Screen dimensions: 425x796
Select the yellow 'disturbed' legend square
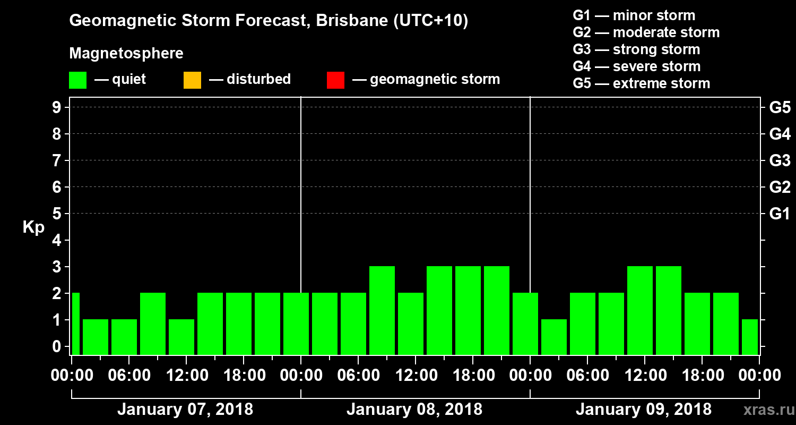(x=192, y=80)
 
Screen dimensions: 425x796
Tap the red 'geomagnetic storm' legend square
(x=335, y=80)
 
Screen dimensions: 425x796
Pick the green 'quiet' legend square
(x=78, y=80)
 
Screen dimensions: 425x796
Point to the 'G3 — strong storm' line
(x=636, y=49)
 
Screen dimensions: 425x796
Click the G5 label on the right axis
(x=780, y=108)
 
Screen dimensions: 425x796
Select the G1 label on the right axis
(x=780, y=214)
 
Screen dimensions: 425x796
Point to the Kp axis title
(x=33, y=227)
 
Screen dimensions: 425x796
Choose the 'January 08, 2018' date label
(x=414, y=410)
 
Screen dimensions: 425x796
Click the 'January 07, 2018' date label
(x=185, y=410)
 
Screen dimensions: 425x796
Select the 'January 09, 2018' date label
(x=644, y=410)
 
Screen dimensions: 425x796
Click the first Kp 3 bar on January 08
(x=382, y=310)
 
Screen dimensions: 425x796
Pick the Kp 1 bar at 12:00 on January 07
(x=181, y=337)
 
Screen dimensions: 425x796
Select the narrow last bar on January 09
(x=750, y=337)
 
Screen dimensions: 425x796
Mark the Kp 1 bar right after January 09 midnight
(x=554, y=337)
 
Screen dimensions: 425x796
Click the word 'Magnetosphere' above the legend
(x=126, y=54)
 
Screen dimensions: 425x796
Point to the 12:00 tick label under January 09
(x=645, y=376)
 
